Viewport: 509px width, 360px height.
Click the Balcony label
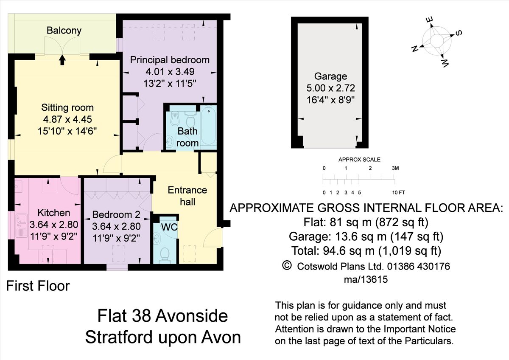point(64,31)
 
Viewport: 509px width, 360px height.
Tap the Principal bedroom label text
point(170,60)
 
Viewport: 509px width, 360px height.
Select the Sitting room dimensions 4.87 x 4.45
point(67,119)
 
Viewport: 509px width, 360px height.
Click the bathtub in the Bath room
point(208,127)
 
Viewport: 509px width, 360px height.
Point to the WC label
point(169,228)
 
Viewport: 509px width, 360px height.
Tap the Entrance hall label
point(187,196)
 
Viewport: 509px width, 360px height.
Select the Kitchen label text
point(53,213)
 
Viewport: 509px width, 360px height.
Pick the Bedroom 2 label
point(116,214)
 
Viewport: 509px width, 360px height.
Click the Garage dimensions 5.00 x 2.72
point(331,88)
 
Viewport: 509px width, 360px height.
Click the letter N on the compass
point(415,48)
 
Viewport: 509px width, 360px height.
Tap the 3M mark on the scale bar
point(395,169)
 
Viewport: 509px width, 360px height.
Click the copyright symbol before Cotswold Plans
point(287,266)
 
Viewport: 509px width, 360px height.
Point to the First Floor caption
point(38,286)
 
